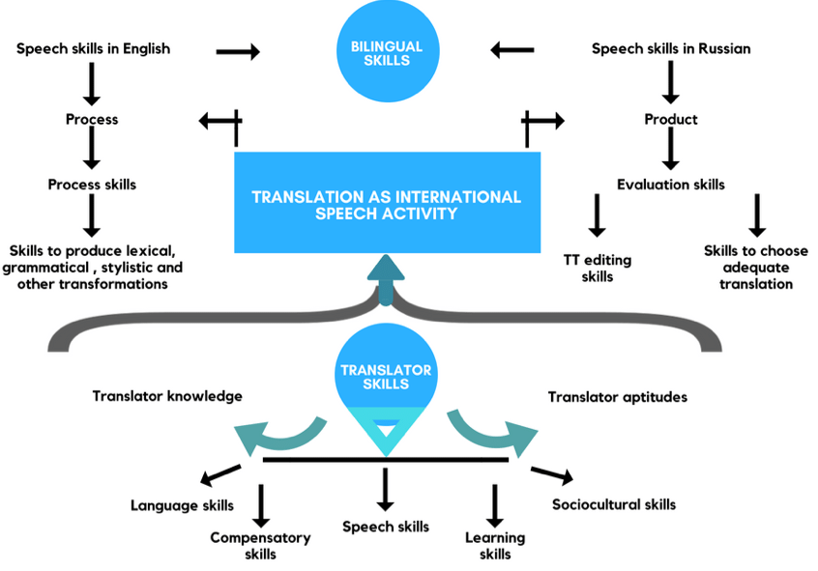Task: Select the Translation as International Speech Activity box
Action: click(x=386, y=204)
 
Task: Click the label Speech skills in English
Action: click(x=93, y=48)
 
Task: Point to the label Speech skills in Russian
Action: click(x=670, y=48)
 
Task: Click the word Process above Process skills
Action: click(x=92, y=120)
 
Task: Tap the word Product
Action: click(x=671, y=120)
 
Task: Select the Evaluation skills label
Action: click(x=671, y=185)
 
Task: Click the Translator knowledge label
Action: click(x=167, y=396)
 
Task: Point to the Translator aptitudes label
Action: click(x=618, y=396)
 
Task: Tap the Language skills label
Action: click(x=182, y=505)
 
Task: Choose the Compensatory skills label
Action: click(x=261, y=546)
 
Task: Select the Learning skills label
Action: click(x=495, y=546)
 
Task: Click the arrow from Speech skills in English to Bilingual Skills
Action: click(x=238, y=51)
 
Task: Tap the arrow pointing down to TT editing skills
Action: click(x=597, y=215)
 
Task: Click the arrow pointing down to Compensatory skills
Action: click(x=261, y=501)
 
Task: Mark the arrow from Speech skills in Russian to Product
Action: click(x=670, y=84)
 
